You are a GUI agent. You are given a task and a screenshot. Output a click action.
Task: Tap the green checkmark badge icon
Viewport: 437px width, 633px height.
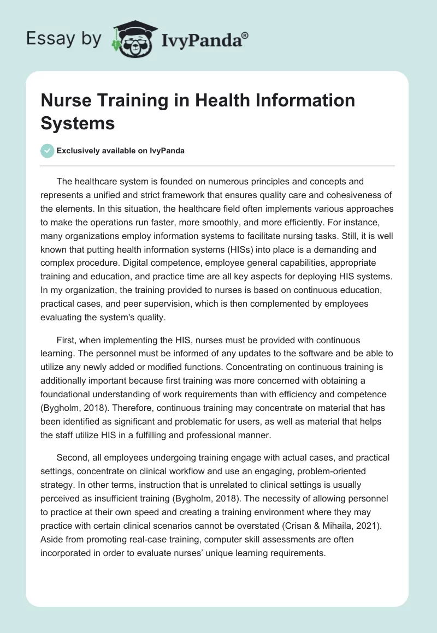48,151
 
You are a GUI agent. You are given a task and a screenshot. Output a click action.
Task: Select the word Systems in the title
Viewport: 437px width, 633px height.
78,123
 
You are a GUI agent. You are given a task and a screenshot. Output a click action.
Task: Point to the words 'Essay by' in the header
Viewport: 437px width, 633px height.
64,39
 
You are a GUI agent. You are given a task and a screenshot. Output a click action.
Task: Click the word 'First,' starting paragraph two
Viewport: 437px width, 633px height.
68,341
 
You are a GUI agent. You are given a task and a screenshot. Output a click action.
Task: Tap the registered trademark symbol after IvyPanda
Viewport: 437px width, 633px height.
245,35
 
